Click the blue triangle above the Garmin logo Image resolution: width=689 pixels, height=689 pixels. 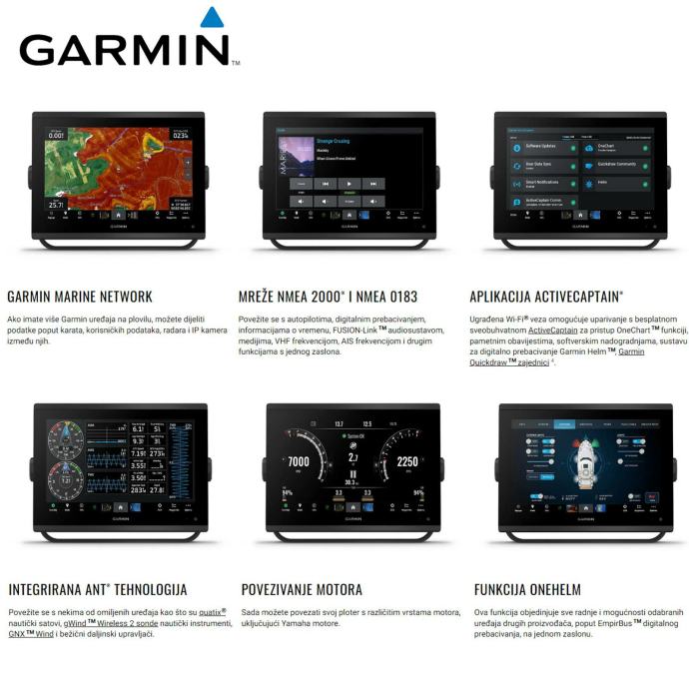[212, 18]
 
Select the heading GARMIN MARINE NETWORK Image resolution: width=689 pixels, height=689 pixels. [80, 297]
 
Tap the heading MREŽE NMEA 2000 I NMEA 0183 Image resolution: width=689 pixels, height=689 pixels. [328, 297]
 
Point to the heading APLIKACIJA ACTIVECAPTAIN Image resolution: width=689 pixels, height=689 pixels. [546, 297]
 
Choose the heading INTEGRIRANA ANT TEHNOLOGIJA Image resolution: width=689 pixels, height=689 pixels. [97, 589]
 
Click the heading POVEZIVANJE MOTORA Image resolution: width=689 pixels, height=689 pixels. [302, 589]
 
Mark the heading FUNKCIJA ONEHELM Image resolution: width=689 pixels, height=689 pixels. [527, 589]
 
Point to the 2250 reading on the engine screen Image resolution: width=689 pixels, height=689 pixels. [406, 462]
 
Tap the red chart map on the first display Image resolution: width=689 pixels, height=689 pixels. [120, 166]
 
